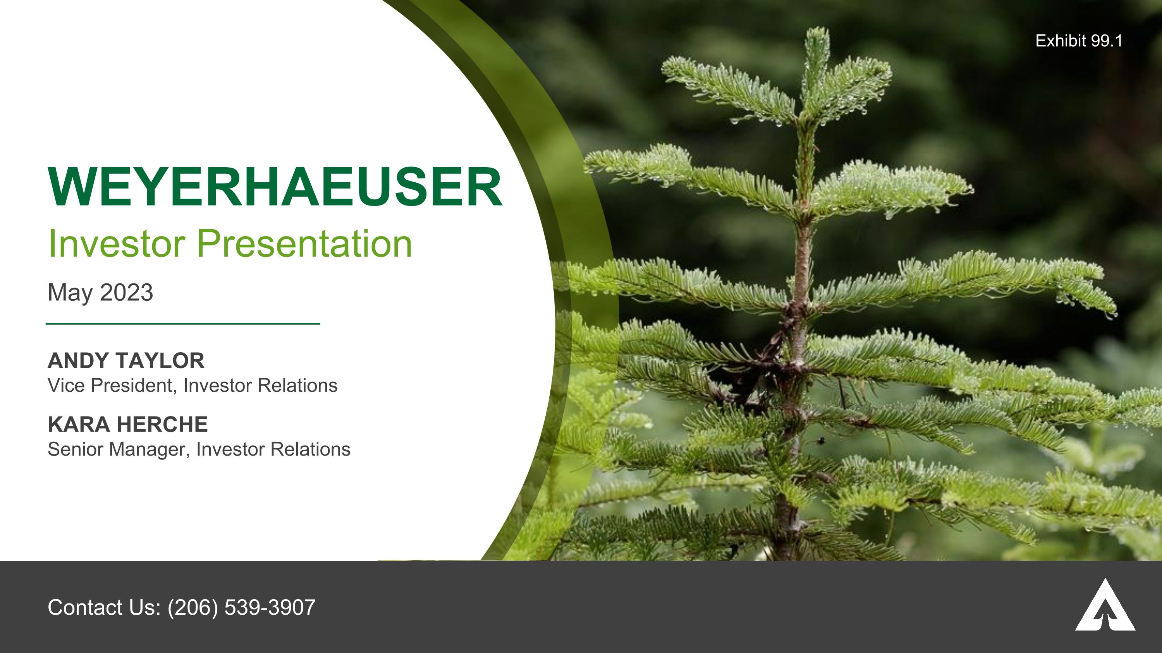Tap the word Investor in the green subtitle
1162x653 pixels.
(116, 244)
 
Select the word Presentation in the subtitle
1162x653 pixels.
(304, 244)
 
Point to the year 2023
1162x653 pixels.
(126, 293)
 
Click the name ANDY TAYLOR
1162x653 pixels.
(126, 360)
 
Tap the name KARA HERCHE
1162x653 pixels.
(128, 425)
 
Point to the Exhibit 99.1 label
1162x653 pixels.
(1079, 41)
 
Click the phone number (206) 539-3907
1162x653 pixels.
(241, 607)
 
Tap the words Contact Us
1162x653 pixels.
(104, 607)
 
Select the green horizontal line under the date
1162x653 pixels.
(183, 324)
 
